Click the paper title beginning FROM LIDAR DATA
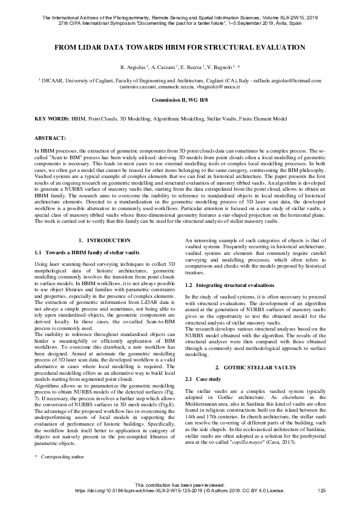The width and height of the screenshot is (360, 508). point(180,47)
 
